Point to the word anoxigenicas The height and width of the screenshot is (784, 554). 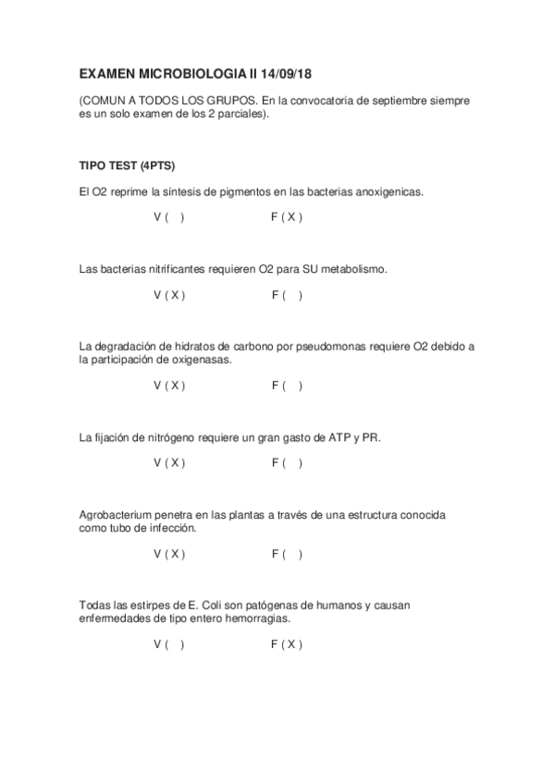tap(381, 191)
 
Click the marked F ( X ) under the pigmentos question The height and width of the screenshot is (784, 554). tap(287, 217)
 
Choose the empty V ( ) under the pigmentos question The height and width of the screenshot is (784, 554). tap(168, 217)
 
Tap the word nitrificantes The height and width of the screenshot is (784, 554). tap(174, 269)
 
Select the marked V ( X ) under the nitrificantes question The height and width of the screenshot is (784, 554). tap(169, 296)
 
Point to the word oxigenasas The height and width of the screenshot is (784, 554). tap(202, 360)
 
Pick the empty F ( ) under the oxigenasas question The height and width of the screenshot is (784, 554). tap(287, 386)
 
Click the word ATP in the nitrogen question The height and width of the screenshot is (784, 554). tap(340, 436)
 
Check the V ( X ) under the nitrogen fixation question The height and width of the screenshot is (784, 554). tap(169, 462)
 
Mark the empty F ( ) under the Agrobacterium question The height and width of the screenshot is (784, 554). tap(287, 554)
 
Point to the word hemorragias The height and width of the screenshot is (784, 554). tap(256, 618)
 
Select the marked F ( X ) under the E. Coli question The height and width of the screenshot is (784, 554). tap(287, 644)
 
